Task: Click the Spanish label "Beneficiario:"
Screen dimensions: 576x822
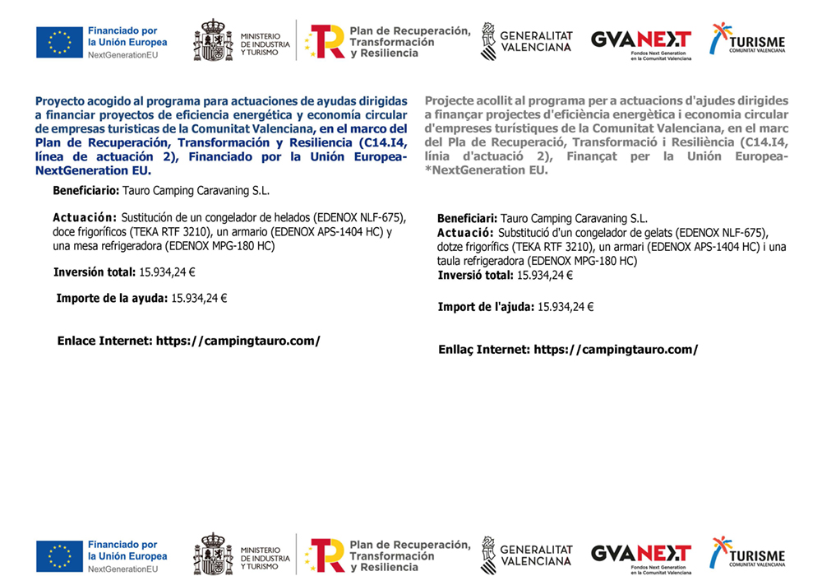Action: click(85, 191)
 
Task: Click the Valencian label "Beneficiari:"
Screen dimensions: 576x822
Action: click(467, 219)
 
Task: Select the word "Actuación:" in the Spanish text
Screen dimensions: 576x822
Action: click(85, 218)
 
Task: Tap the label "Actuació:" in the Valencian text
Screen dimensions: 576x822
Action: click(465, 233)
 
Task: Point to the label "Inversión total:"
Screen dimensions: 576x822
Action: click(94, 272)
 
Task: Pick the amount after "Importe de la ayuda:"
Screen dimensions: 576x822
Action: click(199, 298)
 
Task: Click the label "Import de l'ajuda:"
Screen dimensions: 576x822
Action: click(485, 307)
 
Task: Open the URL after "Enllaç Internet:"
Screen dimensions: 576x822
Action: click(616, 349)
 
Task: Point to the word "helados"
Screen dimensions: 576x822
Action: click(291, 218)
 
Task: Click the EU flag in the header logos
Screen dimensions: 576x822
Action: click(59, 42)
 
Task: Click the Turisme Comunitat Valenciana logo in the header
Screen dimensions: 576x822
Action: click(747, 40)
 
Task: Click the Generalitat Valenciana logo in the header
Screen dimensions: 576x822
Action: click(526, 40)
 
